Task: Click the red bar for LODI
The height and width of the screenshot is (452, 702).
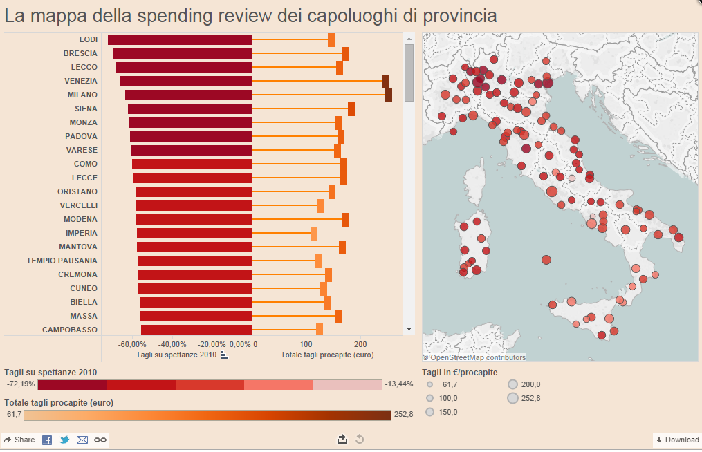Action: [x=180, y=40]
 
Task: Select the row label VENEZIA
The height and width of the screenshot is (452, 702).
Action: [x=81, y=81]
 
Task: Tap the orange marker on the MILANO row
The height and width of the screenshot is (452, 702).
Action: [x=389, y=95]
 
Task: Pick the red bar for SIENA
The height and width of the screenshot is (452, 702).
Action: [x=190, y=109]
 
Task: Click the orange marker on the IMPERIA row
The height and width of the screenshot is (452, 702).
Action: [x=314, y=234]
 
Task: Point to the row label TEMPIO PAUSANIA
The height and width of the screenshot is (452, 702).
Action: [x=62, y=261]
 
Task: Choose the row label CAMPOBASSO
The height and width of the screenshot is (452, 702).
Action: [x=70, y=330]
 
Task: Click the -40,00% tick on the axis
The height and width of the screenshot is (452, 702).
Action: [x=172, y=344]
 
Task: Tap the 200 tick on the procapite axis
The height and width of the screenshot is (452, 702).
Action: [x=360, y=344]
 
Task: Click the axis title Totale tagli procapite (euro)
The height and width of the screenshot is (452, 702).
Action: [x=327, y=355]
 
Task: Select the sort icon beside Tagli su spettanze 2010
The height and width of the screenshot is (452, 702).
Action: [x=224, y=355]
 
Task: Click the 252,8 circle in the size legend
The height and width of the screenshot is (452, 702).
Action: [x=512, y=397]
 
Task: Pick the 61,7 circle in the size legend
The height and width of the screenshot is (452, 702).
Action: [x=430, y=384]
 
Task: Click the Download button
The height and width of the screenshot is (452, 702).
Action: [x=677, y=440]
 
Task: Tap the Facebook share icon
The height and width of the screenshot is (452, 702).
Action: [x=47, y=440]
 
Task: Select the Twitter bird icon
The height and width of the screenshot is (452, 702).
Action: [x=64, y=440]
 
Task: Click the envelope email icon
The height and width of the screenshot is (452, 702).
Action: [x=82, y=440]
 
